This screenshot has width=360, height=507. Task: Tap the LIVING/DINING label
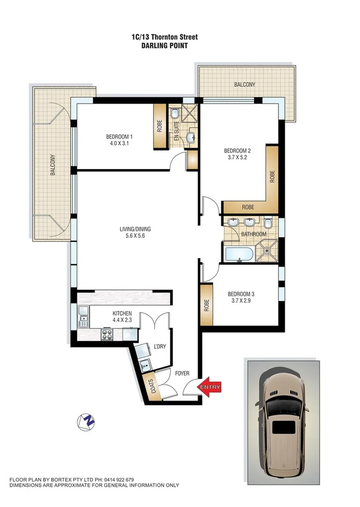point(136,227)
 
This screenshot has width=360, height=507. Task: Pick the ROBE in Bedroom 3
point(206,304)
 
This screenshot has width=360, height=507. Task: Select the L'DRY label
point(159,346)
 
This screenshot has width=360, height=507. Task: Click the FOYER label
point(181,374)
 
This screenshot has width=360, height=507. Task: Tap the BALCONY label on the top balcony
point(244,85)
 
